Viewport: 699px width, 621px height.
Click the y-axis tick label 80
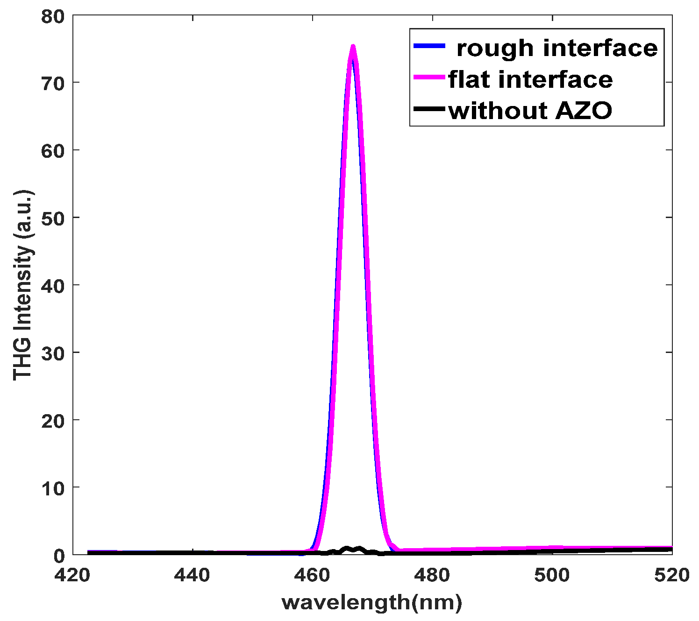tap(53, 16)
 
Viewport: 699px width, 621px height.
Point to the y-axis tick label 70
tap(53, 84)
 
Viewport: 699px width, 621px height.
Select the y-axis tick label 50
tap(53, 218)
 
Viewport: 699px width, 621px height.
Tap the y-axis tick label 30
tap(53, 353)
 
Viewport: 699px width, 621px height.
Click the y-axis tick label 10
tap(53, 488)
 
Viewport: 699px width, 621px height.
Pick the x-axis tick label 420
tap(72, 575)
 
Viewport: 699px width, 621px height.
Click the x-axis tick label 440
tap(192, 575)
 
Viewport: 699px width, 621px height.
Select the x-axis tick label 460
tap(313, 575)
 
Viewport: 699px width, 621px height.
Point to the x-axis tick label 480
tap(432, 575)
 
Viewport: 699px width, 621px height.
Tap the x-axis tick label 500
tap(552, 575)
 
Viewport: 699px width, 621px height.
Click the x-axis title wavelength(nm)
tap(372, 603)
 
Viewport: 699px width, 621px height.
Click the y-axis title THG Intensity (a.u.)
tap(23, 285)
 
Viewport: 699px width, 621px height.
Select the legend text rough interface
tap(557, 48)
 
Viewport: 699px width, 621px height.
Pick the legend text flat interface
tap(530, 79)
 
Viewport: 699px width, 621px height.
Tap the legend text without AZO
tap(530, 111)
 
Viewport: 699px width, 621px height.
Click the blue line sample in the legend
tap(428, 46)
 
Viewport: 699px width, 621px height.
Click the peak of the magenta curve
tap(353, 46)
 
